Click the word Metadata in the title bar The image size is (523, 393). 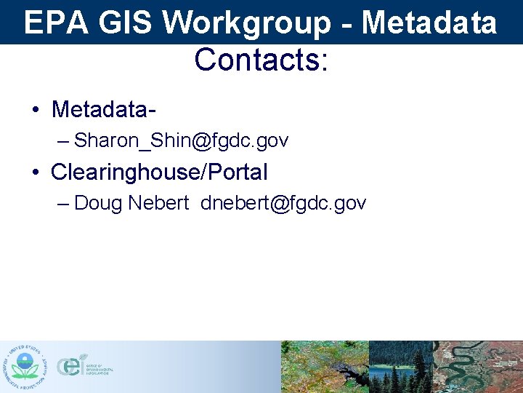(429, 23)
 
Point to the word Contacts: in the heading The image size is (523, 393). (261, 60)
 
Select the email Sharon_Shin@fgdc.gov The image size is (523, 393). (181, 140)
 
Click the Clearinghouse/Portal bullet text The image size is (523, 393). (159, 172)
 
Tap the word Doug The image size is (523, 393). (98, 203)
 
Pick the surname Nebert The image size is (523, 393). (158, 203)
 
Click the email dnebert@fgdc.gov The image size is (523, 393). (283, 203)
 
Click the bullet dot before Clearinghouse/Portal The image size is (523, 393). (35, 173)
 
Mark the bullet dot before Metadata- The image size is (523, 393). (35, 111)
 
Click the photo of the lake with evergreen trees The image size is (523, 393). (401, 367)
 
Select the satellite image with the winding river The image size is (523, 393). (478, 367)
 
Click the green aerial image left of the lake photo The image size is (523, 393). (325, 367)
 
